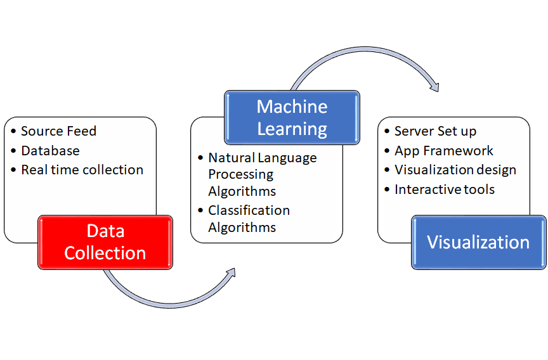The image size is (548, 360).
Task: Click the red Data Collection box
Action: click(105, 242)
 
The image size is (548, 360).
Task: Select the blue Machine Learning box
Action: click(292, 117)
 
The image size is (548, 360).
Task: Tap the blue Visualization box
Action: click(478, 242)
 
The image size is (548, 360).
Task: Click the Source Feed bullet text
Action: click(58, 131)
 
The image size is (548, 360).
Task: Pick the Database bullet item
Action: click(50, 151)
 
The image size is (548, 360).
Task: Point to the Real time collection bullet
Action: click(82, 170)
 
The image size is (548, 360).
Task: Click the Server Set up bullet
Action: click(435, 131)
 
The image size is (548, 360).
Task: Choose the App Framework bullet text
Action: click(443, 151)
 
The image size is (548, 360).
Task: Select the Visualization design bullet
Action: click(455, 170)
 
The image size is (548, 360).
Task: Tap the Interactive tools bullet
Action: click(444, 190)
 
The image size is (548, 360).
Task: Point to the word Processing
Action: click(241, 174)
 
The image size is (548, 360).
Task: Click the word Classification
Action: click(249, 210)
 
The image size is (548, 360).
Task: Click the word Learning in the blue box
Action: click(292, 129)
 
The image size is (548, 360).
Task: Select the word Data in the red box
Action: click(105, 231)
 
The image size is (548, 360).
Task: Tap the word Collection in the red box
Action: click(105, 253)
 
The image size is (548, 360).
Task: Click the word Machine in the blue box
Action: click(292, 106)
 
